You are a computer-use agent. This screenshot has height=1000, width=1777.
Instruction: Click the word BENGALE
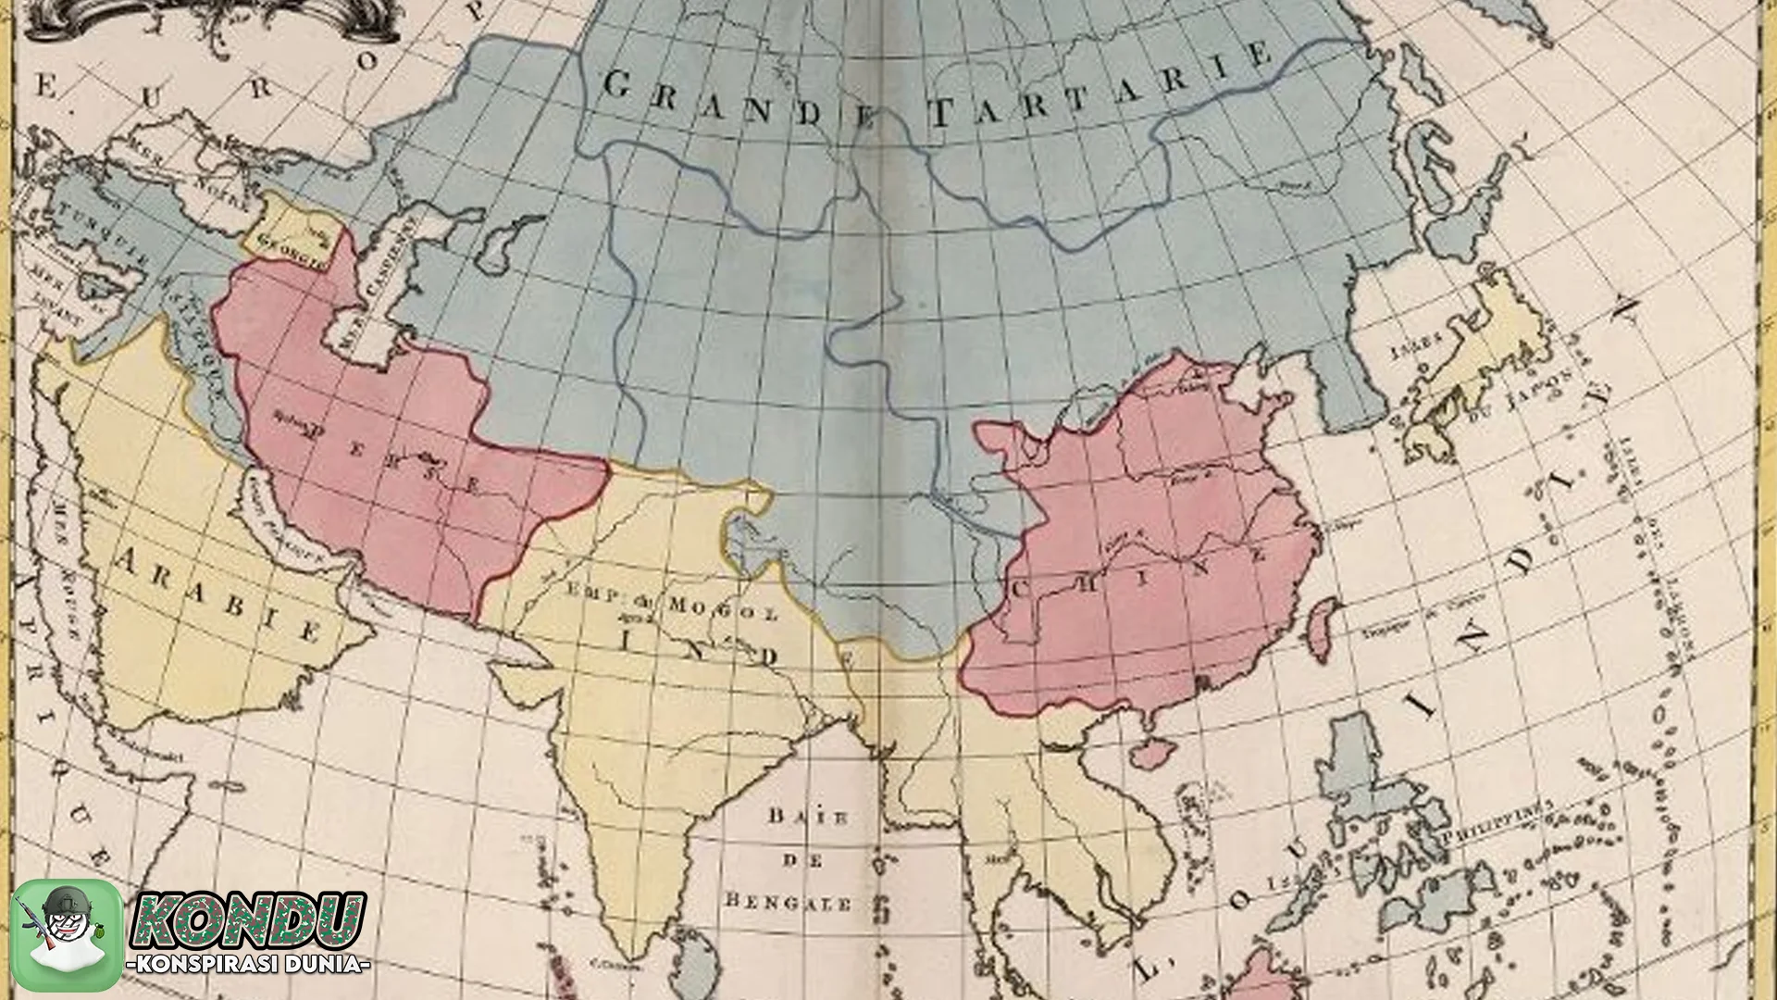tap(789, 901)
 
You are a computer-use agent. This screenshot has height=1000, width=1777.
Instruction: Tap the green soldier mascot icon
tap(67, 934)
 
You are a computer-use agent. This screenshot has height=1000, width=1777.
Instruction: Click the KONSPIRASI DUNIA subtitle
tap(248, 965)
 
